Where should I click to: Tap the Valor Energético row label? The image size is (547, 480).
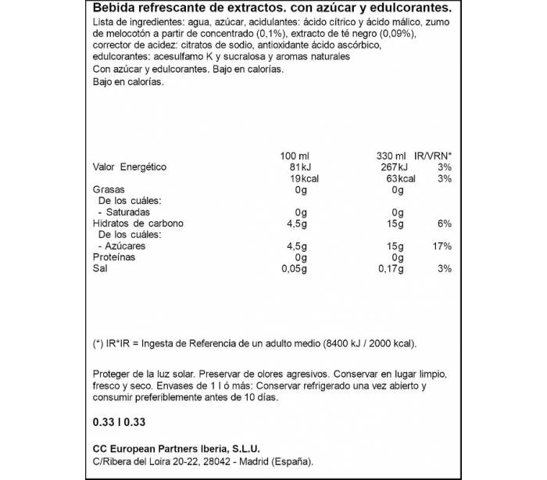pyautogui.click(x=130, y=167)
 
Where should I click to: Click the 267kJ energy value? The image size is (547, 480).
pyautogui.click(x=391, y=167)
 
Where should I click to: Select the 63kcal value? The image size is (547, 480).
pyautogui.click(x=391, y=178)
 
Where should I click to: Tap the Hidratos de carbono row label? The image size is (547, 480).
pyautogui.click(x=138, y=224)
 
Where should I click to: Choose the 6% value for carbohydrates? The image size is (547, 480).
pyautogui.click(x=445, y=224)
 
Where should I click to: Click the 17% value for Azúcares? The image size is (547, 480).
pyautogui.click(x=442, y=246)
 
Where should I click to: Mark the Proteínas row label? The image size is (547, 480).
pyautogui.click(x=114, y=257)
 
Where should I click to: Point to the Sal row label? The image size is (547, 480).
pyautogui.click(x=100, y=269)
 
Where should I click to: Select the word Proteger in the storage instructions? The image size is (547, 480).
pyautogui.click(x=112, y=374)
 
